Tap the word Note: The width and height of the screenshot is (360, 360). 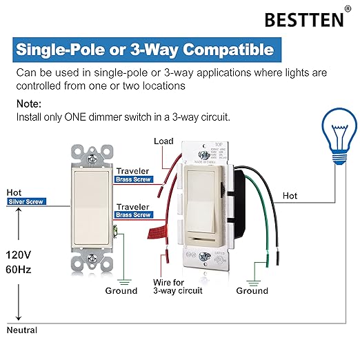30,104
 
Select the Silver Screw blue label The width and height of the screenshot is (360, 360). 26,201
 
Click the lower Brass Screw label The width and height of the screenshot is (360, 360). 133,214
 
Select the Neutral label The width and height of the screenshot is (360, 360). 21,330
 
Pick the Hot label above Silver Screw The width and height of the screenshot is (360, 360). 14,192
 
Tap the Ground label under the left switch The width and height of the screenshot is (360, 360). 121,290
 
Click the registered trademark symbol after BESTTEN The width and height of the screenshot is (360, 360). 347,10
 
